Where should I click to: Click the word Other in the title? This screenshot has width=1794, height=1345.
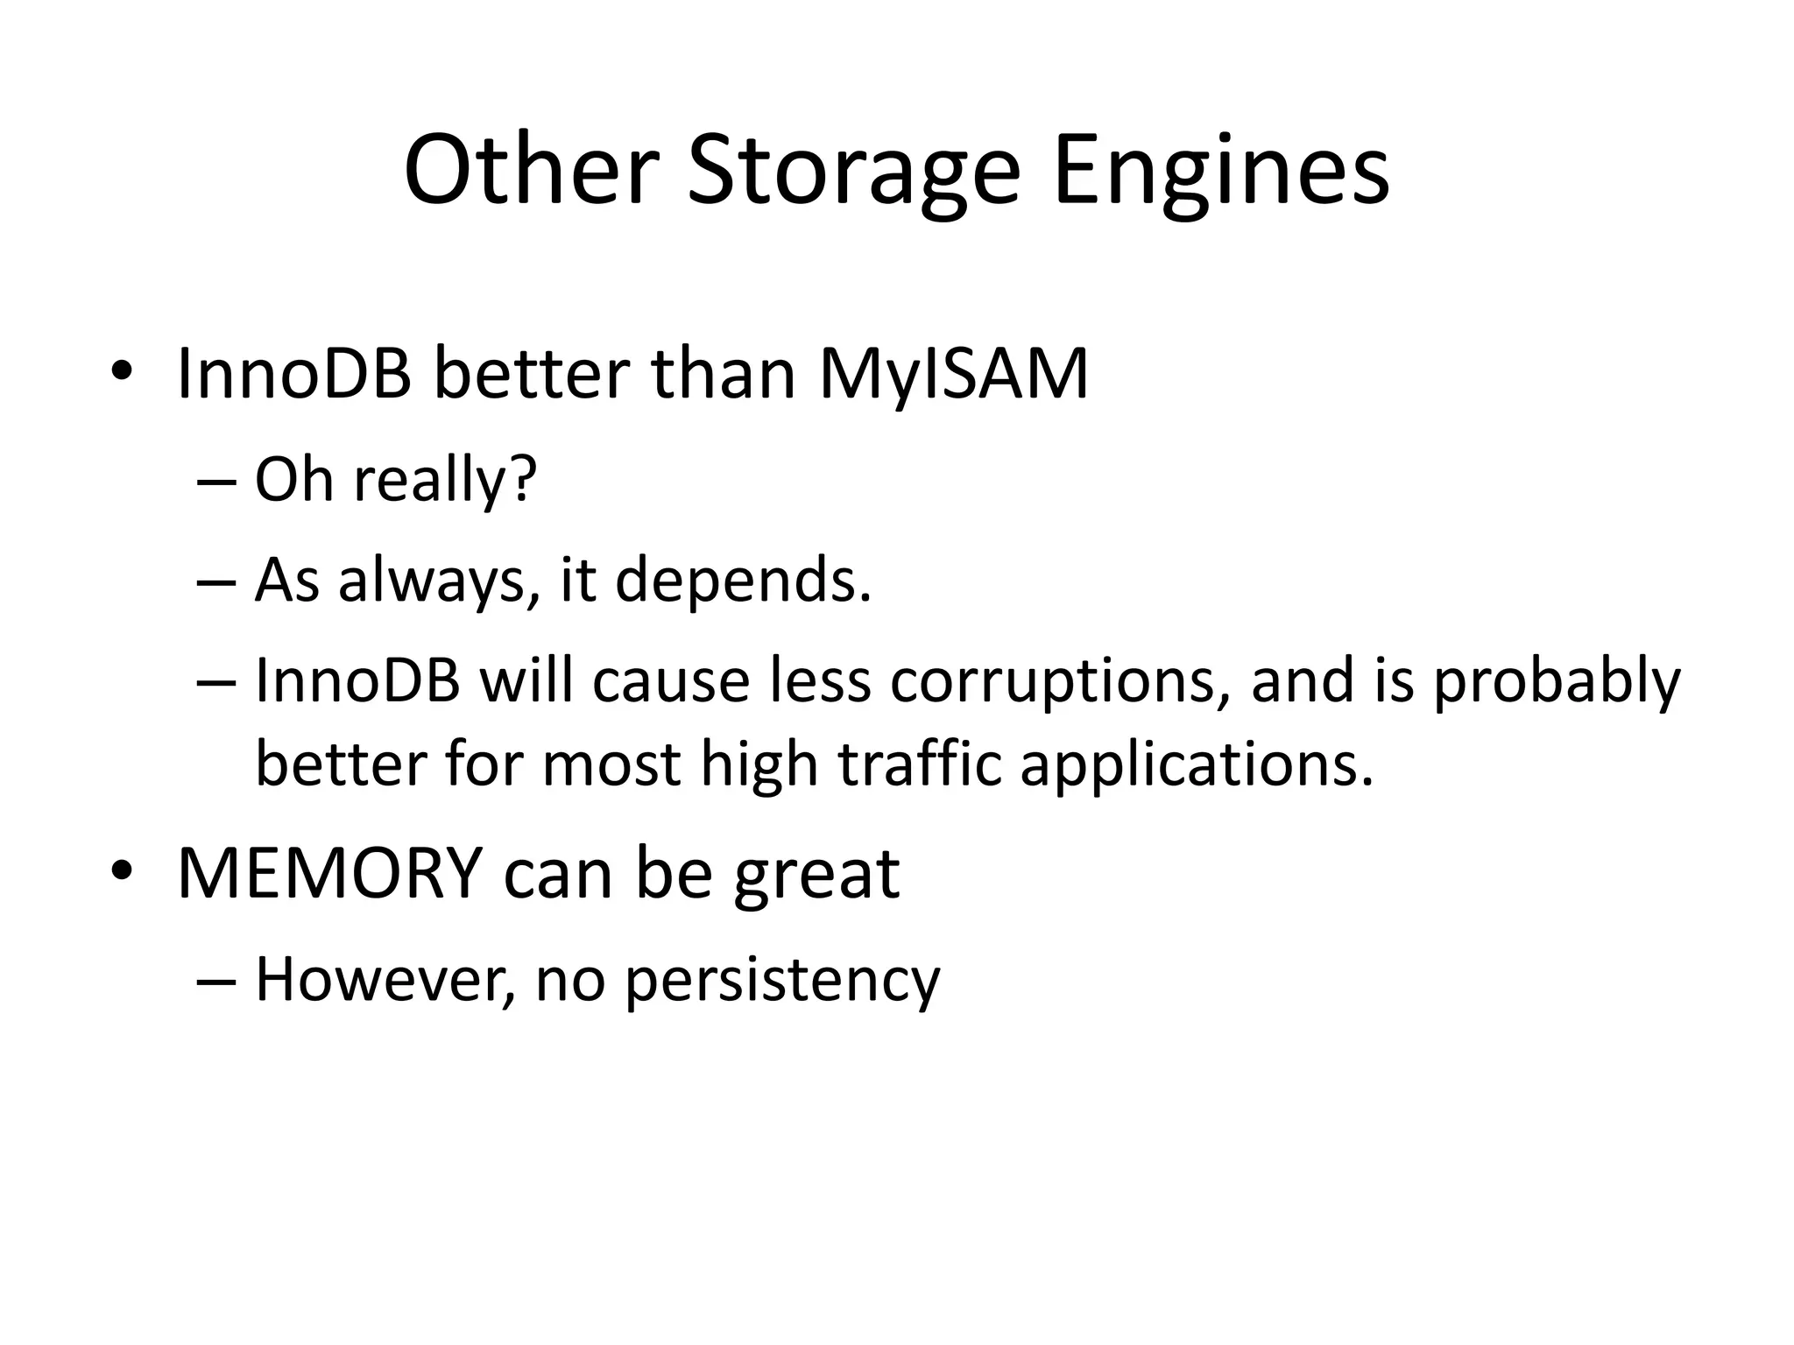pos(531,171)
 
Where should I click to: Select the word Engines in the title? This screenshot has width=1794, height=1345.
pos(1222,171)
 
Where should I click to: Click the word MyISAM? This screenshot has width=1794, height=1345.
pos(953,374)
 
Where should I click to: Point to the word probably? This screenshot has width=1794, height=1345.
pos(1557,681)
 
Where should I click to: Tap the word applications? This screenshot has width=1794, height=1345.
pos(1197,764)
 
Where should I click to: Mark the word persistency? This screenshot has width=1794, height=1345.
pos(782,981)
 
